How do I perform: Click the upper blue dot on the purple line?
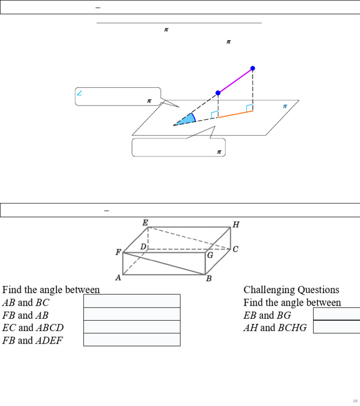(253, 68)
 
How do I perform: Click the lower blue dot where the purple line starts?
(218, 93)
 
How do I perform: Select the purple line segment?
(235, 81)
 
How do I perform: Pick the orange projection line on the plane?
(235, 114)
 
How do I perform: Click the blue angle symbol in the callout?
(79, 93)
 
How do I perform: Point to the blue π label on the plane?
(285, 106)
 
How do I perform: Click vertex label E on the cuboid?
(145, 223)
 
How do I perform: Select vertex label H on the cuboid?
(236, 225)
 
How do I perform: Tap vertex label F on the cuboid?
(118, 252)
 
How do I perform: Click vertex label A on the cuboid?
(118, 278)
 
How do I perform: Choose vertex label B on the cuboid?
(209, 279)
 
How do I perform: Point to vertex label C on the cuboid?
(235, 249)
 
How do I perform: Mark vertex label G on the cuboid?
(210, 256)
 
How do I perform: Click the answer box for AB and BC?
(132, 301)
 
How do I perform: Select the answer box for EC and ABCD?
(132, 327)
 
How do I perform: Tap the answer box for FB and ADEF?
(132, 339)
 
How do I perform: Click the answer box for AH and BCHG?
(336, 327)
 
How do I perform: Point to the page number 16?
(355, 400)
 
